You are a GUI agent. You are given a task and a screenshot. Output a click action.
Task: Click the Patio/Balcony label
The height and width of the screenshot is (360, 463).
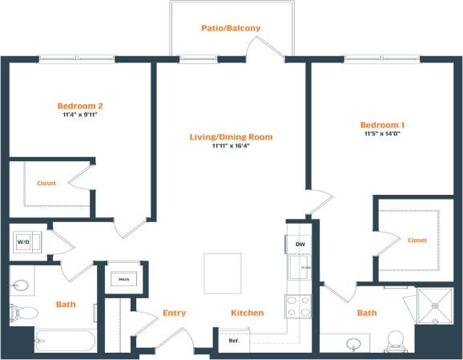click(x=230, y=29)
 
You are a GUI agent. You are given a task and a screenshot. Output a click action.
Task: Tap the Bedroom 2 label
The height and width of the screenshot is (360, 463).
click(x=79, y=105)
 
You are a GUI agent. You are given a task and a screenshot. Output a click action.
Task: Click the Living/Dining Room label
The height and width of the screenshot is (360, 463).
click(x=231, y=137)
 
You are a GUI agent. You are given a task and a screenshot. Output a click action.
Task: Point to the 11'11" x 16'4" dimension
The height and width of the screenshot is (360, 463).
click(x=231, y=147)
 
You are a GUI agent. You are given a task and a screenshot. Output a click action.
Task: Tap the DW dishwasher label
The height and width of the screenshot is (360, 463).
click(x=300, y=244)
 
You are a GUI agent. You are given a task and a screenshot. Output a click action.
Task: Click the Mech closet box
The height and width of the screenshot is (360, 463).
click(x=124, y=279)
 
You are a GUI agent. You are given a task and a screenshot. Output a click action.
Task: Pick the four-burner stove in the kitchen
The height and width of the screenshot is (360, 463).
click(x=298, y=306)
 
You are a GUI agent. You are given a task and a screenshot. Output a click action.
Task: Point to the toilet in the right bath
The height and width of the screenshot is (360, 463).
click(x=395, y=342)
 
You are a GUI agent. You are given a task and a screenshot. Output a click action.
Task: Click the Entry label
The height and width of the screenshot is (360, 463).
click(x=175, y=313)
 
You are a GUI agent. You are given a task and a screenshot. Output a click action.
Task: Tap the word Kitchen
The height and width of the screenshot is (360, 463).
click(x=248, y=313)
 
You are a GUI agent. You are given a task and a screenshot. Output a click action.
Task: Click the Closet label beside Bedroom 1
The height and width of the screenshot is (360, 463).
click(x=417, y=240)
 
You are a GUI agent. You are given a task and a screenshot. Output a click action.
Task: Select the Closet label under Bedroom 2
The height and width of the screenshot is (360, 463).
click(x=46, y=184)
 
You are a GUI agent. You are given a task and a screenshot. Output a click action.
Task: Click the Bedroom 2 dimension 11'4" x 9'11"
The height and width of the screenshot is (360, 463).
click(x=79, y=115)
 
